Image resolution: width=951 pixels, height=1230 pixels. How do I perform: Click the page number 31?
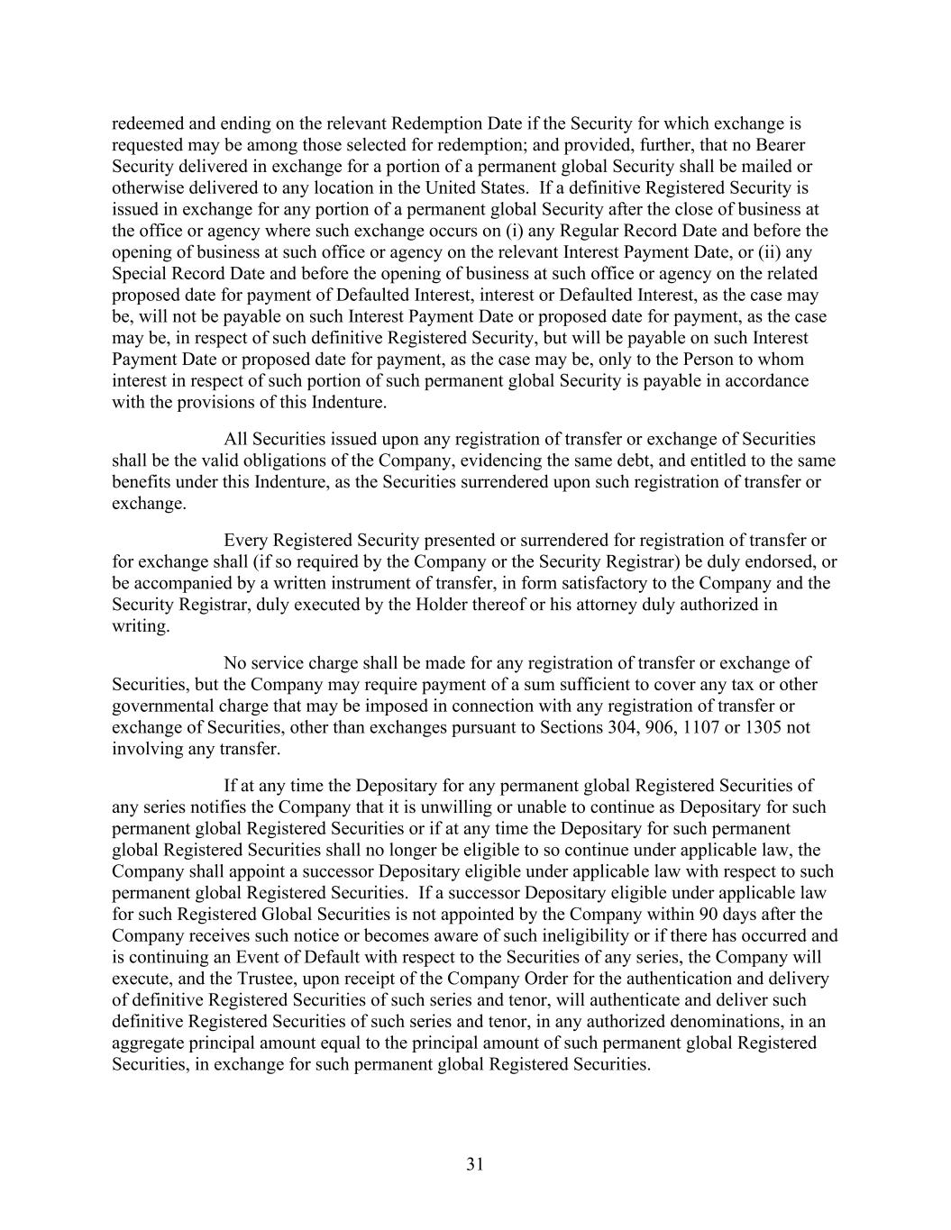click(475, 1164)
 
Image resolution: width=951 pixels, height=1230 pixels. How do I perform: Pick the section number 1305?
click(764, 727)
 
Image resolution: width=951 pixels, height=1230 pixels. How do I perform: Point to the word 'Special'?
click(139, 274)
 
